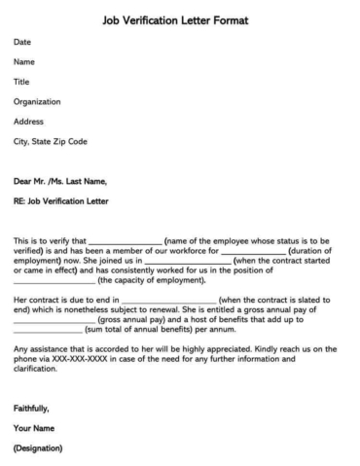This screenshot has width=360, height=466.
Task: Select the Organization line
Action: click(x=37, y=101)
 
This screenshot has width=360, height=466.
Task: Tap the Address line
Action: click(x=28, y=121)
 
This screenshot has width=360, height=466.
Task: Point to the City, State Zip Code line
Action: click(x=51, y=141)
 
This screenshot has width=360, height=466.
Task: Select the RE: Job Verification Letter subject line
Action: click(x=61, y=201)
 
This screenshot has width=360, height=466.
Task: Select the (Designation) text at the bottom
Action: click(x=38, y=449)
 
